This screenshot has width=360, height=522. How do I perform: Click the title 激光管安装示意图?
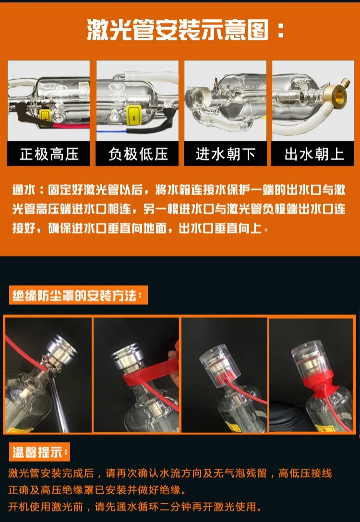point(178,30)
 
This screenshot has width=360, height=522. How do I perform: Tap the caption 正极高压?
point(48,154)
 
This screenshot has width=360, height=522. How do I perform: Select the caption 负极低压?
point(137,154)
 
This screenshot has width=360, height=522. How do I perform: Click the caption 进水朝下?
point(226,154)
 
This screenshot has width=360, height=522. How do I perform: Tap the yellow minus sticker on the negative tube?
point(134,115)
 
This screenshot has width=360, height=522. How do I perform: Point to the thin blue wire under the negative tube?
point(111,131)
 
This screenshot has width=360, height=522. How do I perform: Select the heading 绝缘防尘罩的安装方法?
point(78,295)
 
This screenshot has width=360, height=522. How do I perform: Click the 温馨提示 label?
point(39,452)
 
